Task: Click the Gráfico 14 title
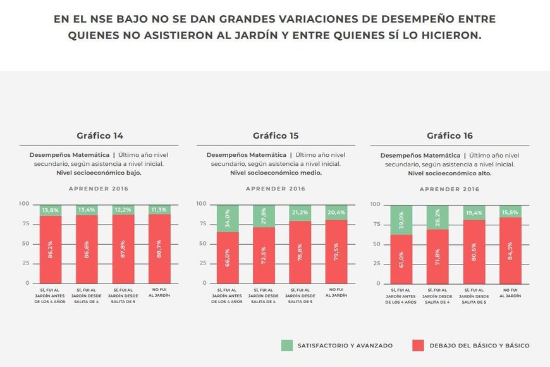[100, 135]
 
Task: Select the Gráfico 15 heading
[276, 135]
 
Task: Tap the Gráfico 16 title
[449, 135]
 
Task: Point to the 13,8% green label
[50, 210]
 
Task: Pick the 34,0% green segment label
[227, 218]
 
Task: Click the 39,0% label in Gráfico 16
[401, 219]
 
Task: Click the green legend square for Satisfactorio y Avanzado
[287, 345]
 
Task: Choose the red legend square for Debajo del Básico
[418, 345]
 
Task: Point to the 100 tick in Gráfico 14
[24, 204]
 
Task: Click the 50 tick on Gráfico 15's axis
[203, 244]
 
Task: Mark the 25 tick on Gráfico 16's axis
[377, 264]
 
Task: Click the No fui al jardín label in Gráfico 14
[159, 293]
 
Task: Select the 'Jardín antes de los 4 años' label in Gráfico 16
[401, 297]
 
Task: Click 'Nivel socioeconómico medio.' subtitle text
[276, 173]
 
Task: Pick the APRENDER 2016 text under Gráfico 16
[449, 189]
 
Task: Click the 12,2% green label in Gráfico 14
[123, 210]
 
